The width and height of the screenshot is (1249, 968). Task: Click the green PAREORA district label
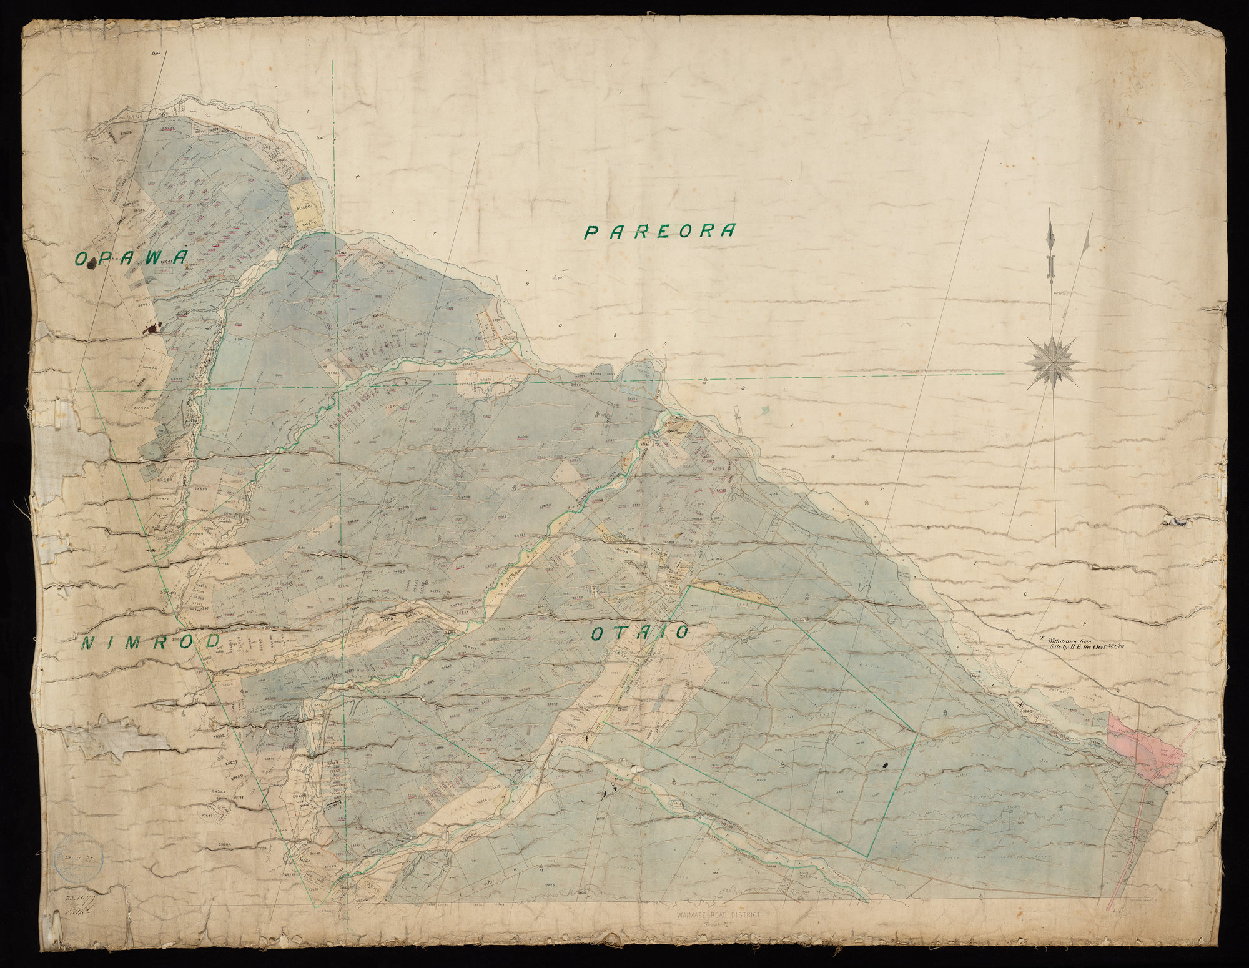coord(659,232)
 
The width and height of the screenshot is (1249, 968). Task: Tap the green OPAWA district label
coord(131,258)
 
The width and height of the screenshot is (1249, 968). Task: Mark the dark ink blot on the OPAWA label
coord(94,263)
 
